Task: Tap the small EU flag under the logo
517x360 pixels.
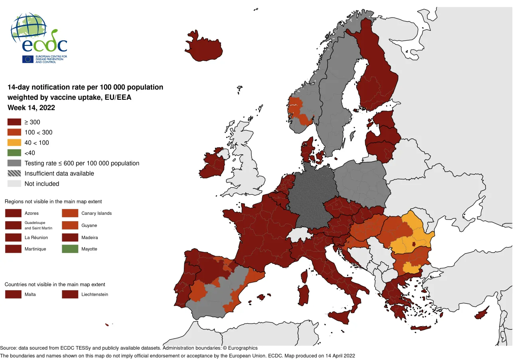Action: coord(28,59)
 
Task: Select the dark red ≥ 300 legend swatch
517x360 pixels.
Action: coord(14,122)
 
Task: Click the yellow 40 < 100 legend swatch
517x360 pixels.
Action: coord(14,142)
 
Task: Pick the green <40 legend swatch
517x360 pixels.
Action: coord(14,153)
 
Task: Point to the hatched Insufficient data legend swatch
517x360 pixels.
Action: coord(14,173)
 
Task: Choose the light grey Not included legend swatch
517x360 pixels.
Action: coord(14,184)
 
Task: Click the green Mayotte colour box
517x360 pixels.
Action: coord(70,249)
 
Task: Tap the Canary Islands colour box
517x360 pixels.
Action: coord(70,213)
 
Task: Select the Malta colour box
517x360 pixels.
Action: coord(13,295)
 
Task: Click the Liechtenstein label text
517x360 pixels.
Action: coord(95,295)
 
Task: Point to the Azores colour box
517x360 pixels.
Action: coord(13,213)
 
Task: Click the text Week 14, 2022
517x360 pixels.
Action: coord(31,108)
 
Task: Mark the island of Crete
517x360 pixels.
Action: coord(421,328)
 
